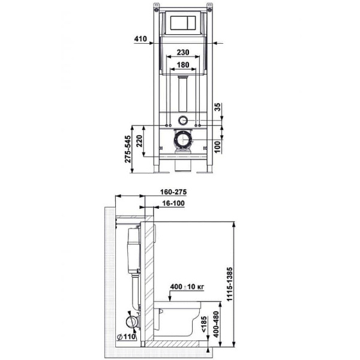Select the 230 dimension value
[x=185, y=52]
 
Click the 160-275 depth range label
[x=174, y=192]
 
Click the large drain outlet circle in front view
[x=183, y=142]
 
